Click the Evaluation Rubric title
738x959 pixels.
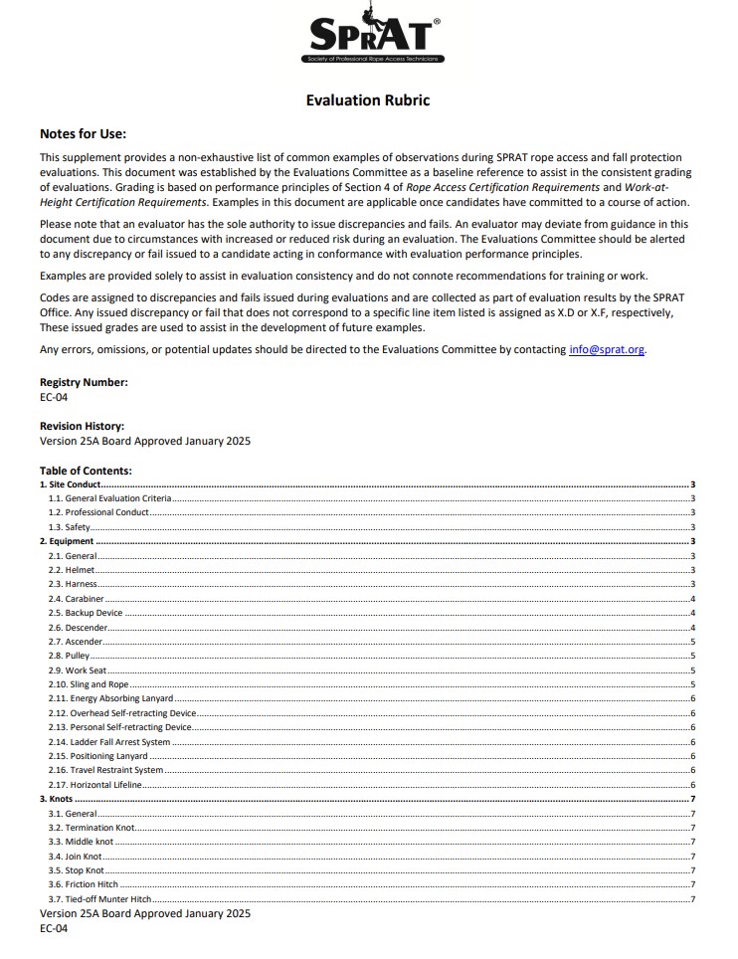coord(368,100)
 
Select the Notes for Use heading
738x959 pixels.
coord(83,134)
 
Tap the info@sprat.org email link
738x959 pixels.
coord(607,349)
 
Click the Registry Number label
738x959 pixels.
coord(84,382)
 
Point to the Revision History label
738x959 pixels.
coord(82,426)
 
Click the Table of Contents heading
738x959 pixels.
coord(86,471)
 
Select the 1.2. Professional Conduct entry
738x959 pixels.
coord(99,512)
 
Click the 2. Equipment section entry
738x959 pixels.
coord(67,541)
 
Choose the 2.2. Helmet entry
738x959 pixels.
coord(70,570)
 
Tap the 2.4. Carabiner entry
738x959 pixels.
coord(75,599)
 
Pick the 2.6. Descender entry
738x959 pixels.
coord(76,628)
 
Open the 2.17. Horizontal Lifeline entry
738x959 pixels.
coord(95,785)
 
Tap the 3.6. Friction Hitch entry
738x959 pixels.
coord(84,884)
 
